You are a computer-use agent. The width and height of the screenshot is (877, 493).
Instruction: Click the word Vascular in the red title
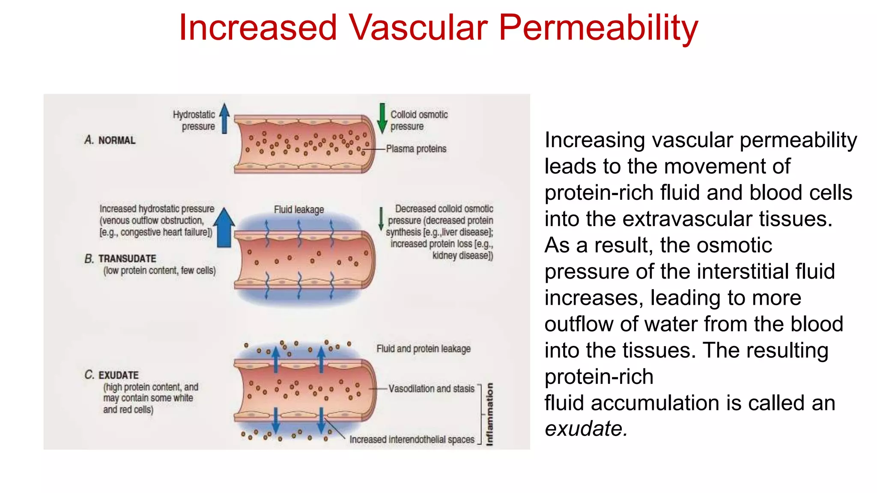(x=418, y=28)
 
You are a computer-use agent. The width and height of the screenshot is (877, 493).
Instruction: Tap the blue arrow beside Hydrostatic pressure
(x=224, y=118)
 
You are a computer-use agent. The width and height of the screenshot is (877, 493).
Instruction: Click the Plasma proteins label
(x=416, y=149)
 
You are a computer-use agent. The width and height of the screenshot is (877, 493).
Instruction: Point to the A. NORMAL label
(x=110, y=140)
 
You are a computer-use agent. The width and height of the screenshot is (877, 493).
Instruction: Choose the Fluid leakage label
(x=299, y=210)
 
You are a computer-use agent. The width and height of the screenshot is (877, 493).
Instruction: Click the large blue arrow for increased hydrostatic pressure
(x=224, y=227)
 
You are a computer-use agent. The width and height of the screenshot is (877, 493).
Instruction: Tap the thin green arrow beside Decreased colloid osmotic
(x=381, y=219)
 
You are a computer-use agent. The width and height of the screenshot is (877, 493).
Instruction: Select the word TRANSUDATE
(x=127, y=259)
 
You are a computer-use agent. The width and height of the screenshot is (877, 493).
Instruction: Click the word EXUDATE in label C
(x=119, y=375)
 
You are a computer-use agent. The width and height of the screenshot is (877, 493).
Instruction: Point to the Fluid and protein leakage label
(x=424, y=349)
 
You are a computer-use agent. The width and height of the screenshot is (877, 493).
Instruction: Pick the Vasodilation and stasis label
(x=431, y=389)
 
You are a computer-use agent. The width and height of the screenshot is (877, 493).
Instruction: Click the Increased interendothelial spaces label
(x=412, y=440)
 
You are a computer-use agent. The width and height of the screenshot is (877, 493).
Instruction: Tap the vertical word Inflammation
(x=490, y=414)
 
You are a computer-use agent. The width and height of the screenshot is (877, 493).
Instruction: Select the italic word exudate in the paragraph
(x=585, y=429)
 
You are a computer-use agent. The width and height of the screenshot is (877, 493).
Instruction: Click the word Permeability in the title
(x=598, y=28)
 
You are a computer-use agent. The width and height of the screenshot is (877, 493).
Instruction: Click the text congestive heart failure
(x=164, y=232)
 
